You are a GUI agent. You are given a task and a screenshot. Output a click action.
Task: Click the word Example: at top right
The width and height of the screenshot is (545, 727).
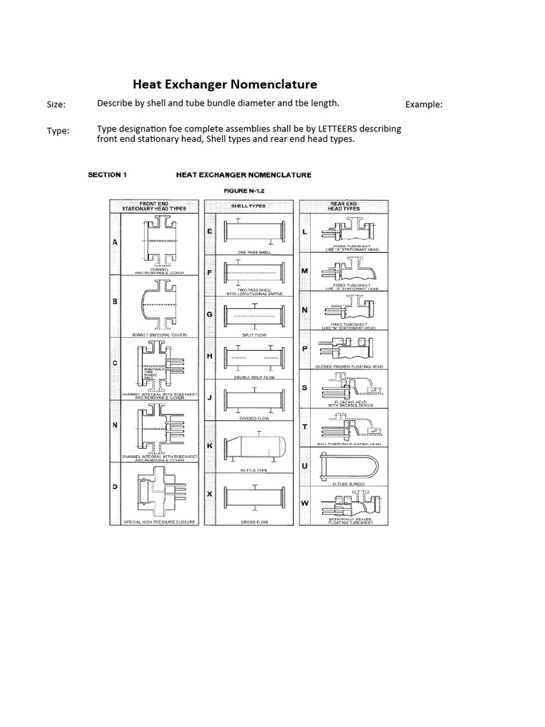pyautogui.click(x=424, y=104)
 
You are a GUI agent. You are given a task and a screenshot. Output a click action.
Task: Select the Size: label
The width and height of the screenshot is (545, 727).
pyautogui.click(x=56, y=104)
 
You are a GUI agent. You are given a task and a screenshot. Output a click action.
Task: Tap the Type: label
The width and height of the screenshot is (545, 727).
pyautogui.click(x=57, y=131)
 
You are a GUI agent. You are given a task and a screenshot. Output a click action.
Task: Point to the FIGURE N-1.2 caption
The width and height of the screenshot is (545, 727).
pyautogui.click(x=243, y=190)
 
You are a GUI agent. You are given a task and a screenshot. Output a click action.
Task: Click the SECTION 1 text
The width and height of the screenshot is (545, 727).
pyautogui.click(x=107, y=175)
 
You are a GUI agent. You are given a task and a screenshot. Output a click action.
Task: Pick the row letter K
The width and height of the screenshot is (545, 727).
pyautogui.click(x=210, y=445)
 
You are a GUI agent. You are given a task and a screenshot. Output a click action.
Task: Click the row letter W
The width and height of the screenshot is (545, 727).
pyautogui.click(x=306, y=503)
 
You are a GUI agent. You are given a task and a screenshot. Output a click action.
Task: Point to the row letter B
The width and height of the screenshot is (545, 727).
pyautogui.click(x=115, y=301)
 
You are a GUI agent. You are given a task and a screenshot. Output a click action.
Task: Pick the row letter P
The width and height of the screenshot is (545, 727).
pyautogui.click(x=305, y=349)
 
